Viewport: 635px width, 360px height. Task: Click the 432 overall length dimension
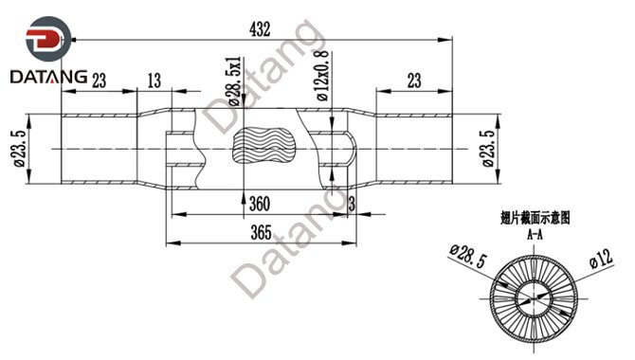click(260, 29)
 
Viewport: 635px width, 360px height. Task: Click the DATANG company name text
click(48, 77)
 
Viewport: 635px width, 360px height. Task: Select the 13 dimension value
click(154, 81)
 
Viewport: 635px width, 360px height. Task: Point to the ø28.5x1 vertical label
click(235, 81)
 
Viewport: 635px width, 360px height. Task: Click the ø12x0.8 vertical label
click(323, 76)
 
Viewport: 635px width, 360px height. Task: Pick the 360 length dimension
click(259, 204)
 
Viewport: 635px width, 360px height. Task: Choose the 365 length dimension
click(261, 232)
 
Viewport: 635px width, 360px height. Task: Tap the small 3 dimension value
click(352, 204)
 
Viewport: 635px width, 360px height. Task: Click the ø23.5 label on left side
click(20, 148)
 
